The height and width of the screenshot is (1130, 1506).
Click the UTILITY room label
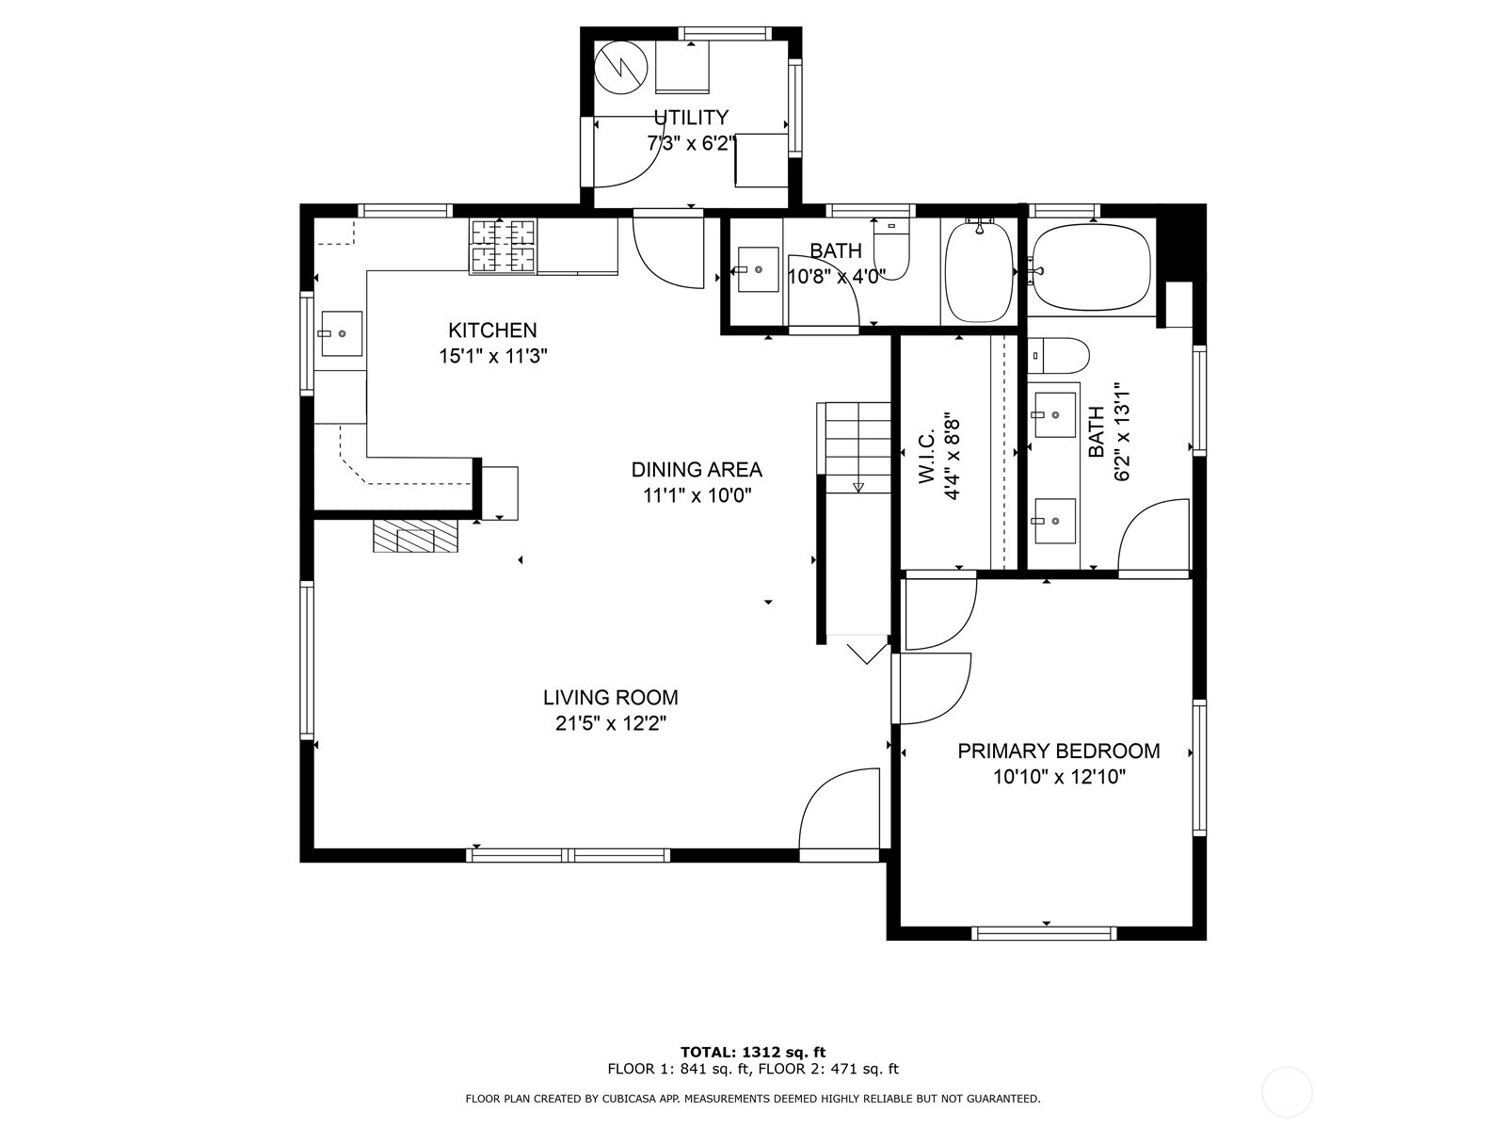691,118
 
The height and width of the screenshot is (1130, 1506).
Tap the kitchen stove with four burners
503,246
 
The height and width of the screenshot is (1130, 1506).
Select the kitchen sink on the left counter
342,333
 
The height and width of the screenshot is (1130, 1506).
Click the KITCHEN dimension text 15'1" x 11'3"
493,356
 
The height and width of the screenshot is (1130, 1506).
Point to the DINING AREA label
697,469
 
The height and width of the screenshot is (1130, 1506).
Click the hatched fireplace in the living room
415,536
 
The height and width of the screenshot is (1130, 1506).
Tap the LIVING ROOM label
610,698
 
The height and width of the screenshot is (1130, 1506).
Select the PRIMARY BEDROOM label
1058,751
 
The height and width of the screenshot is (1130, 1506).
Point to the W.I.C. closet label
926,459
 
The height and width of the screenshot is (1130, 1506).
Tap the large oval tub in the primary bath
1092,267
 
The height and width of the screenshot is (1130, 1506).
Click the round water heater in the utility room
621,67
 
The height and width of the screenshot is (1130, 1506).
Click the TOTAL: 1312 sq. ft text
753,1052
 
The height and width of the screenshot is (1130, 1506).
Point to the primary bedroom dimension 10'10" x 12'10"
1059,777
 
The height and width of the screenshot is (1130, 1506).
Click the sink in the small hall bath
758,269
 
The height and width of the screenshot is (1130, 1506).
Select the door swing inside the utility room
626,155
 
